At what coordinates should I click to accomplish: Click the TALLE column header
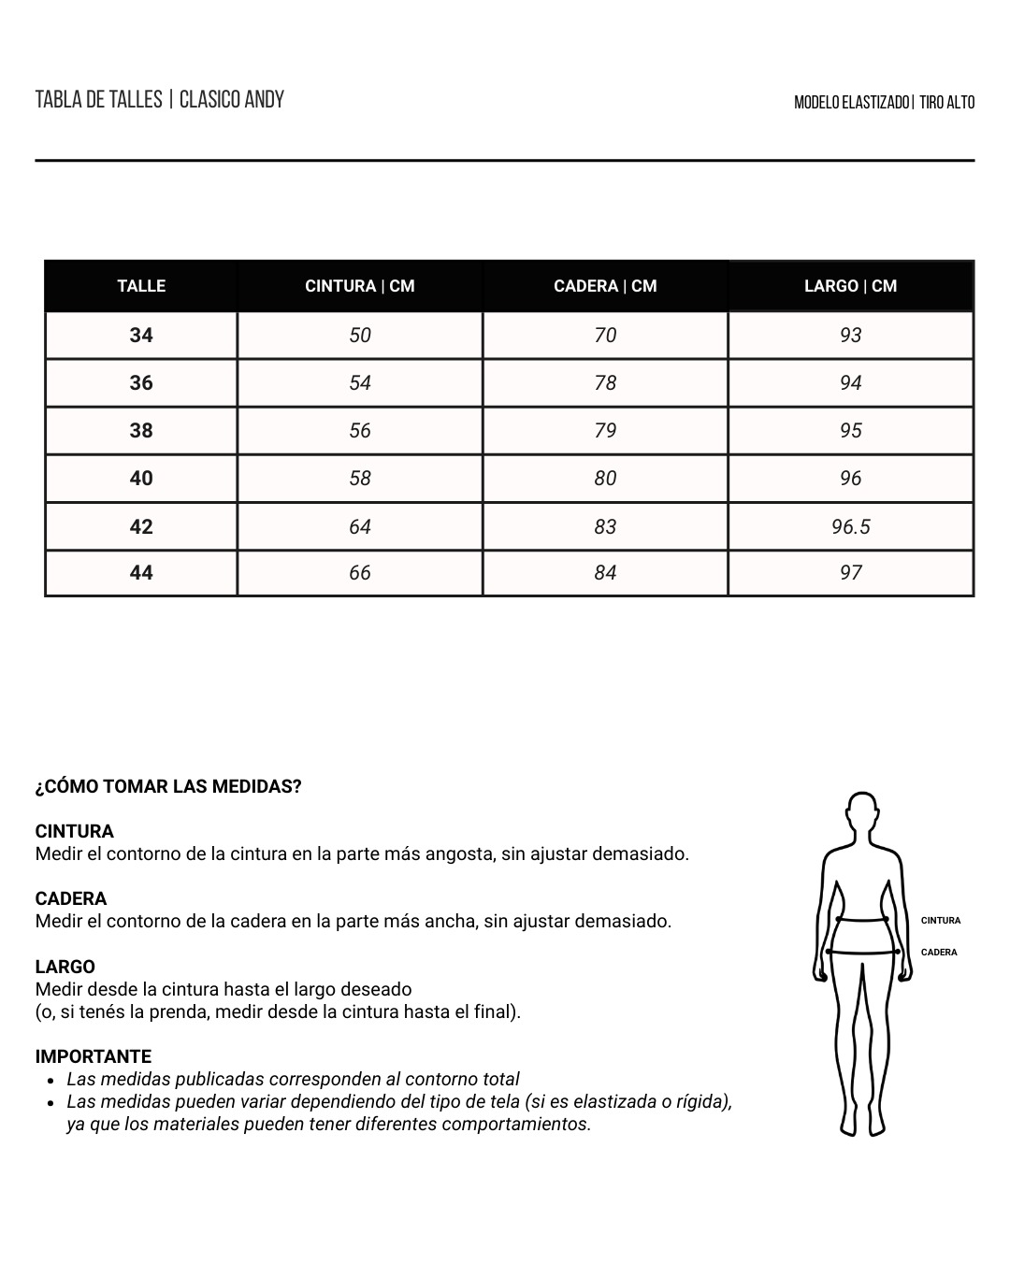click(141, 286)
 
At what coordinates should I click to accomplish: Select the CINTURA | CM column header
click(360, 286)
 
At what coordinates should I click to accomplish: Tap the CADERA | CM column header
click(605, 286)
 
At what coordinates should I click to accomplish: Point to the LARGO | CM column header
click(850, 286)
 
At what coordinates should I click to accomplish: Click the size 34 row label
click(141, 336)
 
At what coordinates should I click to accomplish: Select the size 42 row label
click(141, 527)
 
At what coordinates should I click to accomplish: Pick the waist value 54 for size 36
click(360, 383)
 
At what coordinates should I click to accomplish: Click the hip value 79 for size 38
click(605, 431)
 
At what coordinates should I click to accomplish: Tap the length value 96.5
click(850, 527)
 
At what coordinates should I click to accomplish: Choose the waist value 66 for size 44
click(360, 573)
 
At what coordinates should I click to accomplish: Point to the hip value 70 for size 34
click(605, 336)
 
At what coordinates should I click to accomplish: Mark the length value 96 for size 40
click(850, 479)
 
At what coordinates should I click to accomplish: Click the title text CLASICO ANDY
click(232, 100)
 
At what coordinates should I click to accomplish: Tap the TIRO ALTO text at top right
click(946, 103)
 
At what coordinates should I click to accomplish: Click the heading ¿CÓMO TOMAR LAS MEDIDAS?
click(168, 787)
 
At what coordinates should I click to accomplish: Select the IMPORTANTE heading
click(94, 1057)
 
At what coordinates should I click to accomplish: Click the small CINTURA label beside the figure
click(940, 921)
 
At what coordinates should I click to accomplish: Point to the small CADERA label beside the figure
click(939, 953)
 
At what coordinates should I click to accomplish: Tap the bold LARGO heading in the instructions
click(65, 968)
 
